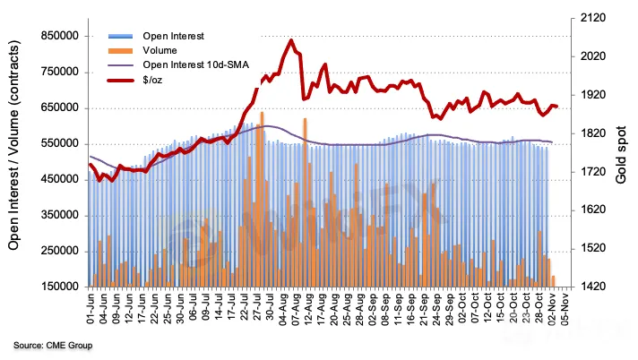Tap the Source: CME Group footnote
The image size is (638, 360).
pos(53,345)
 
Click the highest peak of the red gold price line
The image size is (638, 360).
pos(291,40)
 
